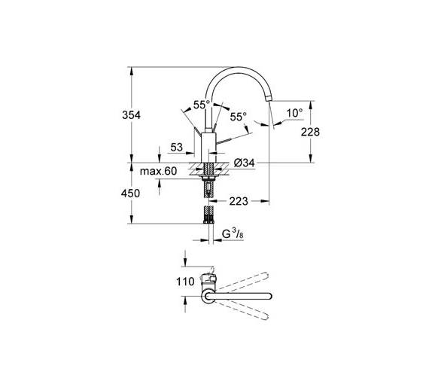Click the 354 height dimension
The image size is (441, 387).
coord(131,115)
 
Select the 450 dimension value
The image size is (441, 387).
coord(130,193)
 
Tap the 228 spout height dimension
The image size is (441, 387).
coord(310,132)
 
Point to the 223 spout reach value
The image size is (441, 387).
coord(239,201)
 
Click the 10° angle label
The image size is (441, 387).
coord(294,113)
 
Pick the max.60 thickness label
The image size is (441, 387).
coord(158,171)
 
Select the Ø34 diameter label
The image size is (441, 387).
coord(244,163)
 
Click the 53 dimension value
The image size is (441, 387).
coord(176,147)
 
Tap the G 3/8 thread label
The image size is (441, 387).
coord(233,234)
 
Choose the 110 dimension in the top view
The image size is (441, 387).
coord(185,282)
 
